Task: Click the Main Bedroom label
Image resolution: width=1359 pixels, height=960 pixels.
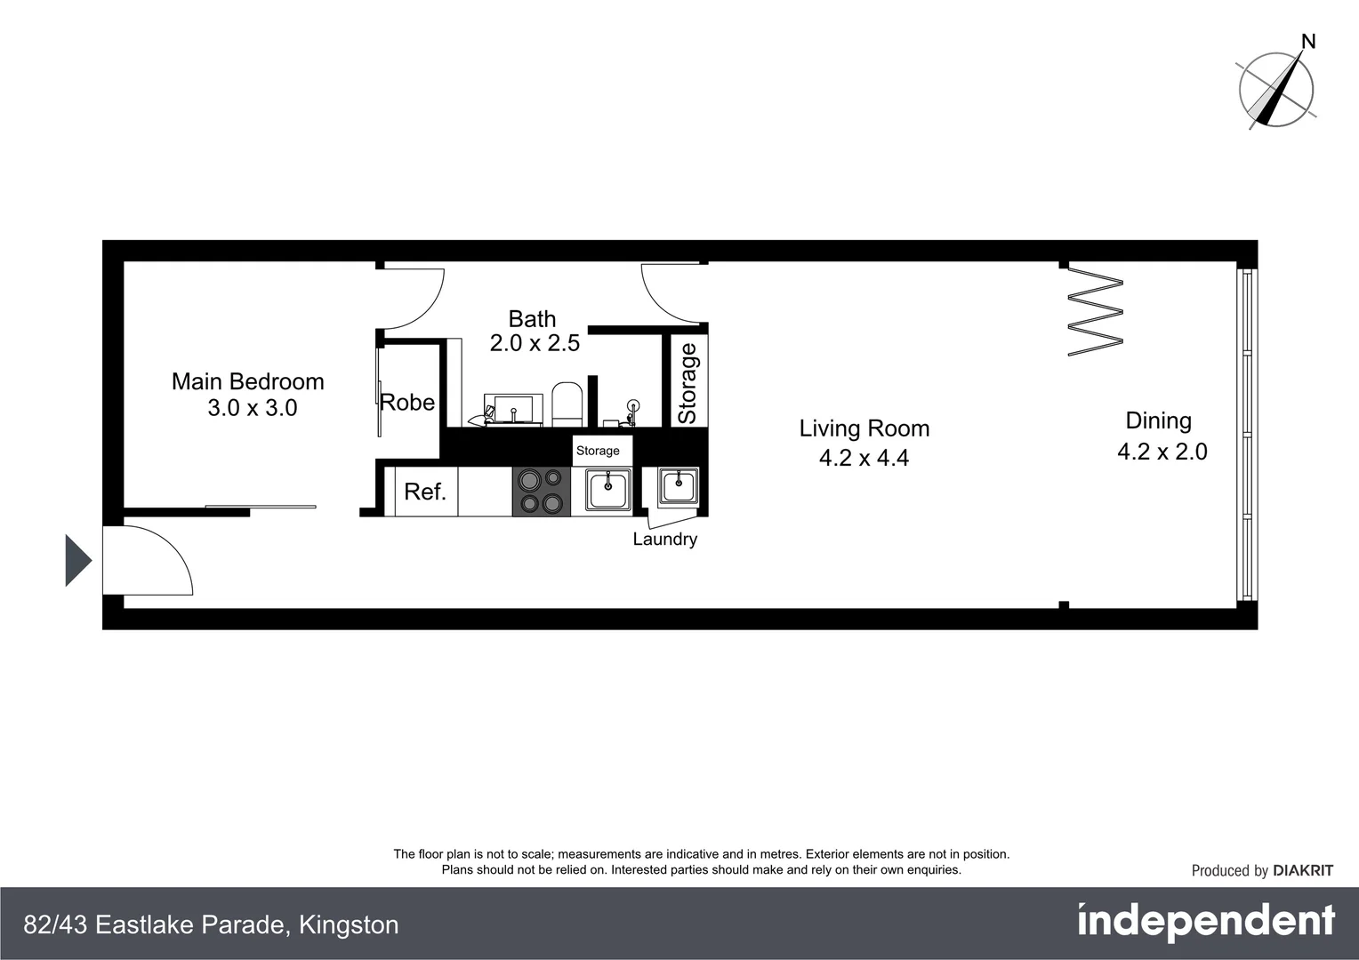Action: pyautogui.click(x=247, y=381)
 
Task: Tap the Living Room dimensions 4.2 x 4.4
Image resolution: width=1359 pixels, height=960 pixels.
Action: pyautogui.click(x=864, y=458)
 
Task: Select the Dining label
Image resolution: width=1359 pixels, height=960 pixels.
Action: pyautogui.click(x=1158, y=420)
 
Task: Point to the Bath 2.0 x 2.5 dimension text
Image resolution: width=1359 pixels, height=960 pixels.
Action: pyautogui.click(x=535, y=343)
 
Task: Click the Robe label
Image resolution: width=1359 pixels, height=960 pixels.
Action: pyautogui.click(x=407, y=403)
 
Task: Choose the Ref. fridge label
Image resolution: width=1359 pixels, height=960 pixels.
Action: pyautogui.click(x=424, y=492)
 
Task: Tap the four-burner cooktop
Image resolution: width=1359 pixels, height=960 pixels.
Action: pyautogui.click(x=542, y=492)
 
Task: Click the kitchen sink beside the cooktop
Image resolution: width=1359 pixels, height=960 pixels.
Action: pyautogui.click(x=608, y=489)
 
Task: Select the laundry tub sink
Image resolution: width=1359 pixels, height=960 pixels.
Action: pyautogui.click(x=678, y=485)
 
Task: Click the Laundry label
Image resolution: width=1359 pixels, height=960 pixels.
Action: pyautogui.click(x=664, y=539)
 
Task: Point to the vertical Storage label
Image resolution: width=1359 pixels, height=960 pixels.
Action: pyautogui.click(x=688, y=383)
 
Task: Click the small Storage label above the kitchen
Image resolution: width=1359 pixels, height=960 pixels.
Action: pyautogui.click(x=598, y=451)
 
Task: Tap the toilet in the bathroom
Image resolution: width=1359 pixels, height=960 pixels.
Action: pyautogui.click(x=567, y=404)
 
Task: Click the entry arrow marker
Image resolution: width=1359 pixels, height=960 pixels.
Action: pyautogui.click(x=78, y=561)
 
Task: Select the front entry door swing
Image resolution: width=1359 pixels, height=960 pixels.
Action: pyautogui.click(x=147, y=560)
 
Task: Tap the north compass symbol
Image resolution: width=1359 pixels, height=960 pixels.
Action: pyautogui.click(x=1276, y=87)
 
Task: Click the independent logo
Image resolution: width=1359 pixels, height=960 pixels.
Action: pyautogui.click(x=1205, y=922)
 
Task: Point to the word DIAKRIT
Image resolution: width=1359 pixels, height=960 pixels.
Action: pyautogui.click(x=1303, y=871)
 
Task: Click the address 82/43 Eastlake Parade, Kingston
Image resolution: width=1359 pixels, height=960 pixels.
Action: pyautogui.click(x=211, y=924)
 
